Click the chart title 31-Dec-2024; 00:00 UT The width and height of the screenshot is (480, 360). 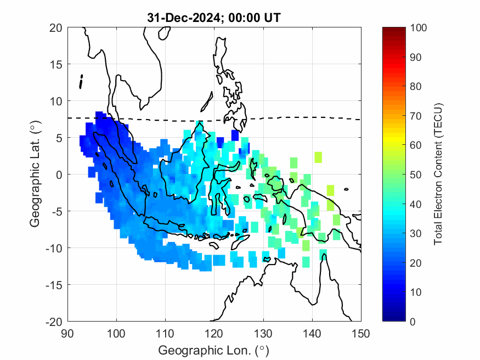214,18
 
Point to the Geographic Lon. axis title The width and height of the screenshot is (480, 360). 214,350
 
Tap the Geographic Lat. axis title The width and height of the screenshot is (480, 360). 36,175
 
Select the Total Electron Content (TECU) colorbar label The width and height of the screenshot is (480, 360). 438,175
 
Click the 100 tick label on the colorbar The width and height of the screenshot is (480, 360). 419,28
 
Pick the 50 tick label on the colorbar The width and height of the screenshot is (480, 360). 416,175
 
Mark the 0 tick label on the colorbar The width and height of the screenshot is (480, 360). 413,321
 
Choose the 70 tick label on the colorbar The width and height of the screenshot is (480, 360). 416,116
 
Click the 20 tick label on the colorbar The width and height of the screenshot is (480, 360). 416,262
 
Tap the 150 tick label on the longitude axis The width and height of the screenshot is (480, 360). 361,333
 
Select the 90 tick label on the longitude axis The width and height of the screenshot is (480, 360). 67,333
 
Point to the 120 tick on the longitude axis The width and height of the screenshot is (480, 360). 214,333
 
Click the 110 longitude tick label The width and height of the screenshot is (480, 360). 165,333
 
